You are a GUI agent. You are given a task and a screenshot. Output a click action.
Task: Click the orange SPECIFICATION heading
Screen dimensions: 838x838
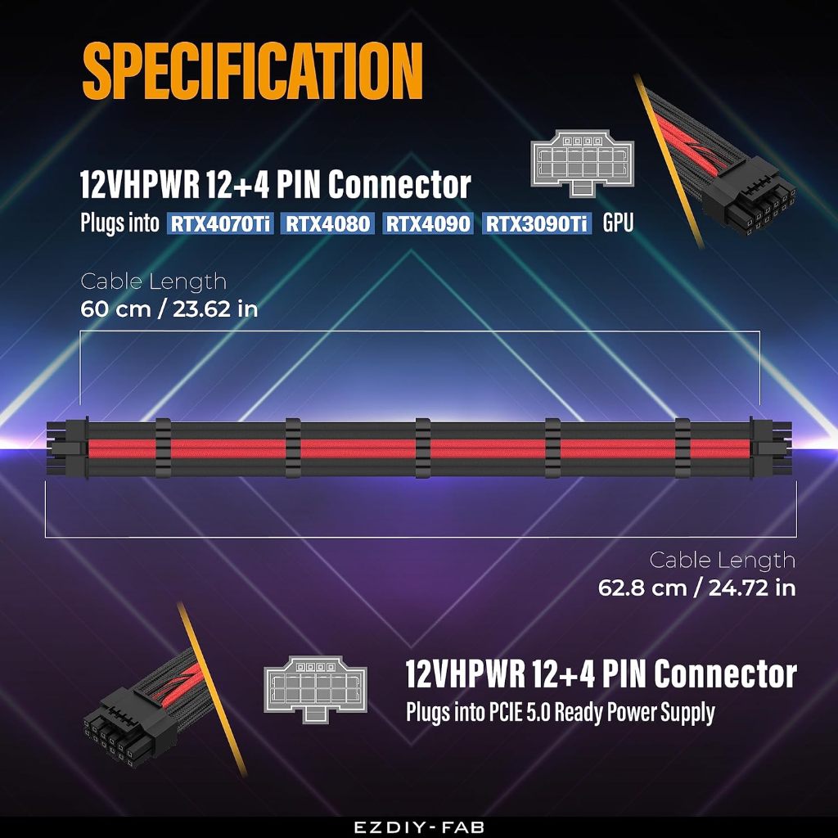point(252,72)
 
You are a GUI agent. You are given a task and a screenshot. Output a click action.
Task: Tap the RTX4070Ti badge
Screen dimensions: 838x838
point(221,223)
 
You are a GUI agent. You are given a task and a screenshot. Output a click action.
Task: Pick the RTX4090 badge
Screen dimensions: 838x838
point(428,223)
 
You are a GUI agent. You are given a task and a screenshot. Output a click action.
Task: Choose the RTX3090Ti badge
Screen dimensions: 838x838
point(536,223)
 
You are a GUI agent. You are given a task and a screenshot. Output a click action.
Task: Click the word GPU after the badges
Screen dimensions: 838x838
point(618,223)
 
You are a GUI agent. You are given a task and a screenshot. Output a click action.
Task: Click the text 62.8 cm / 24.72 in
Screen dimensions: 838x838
point(697,588)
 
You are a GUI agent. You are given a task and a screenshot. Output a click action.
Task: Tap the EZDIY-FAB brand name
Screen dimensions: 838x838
point(419,827)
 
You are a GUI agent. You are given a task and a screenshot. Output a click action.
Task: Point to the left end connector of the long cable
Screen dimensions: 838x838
point(67,448)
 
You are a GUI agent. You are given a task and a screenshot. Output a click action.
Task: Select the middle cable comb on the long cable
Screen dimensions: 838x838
point(422,448)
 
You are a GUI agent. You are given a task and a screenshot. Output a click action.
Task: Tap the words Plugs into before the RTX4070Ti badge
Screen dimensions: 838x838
point(119,223)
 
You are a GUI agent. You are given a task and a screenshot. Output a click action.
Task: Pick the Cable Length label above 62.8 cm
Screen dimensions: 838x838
point(722,561)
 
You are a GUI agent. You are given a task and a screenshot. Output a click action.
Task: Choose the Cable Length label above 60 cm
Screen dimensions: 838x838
point(153,282)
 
